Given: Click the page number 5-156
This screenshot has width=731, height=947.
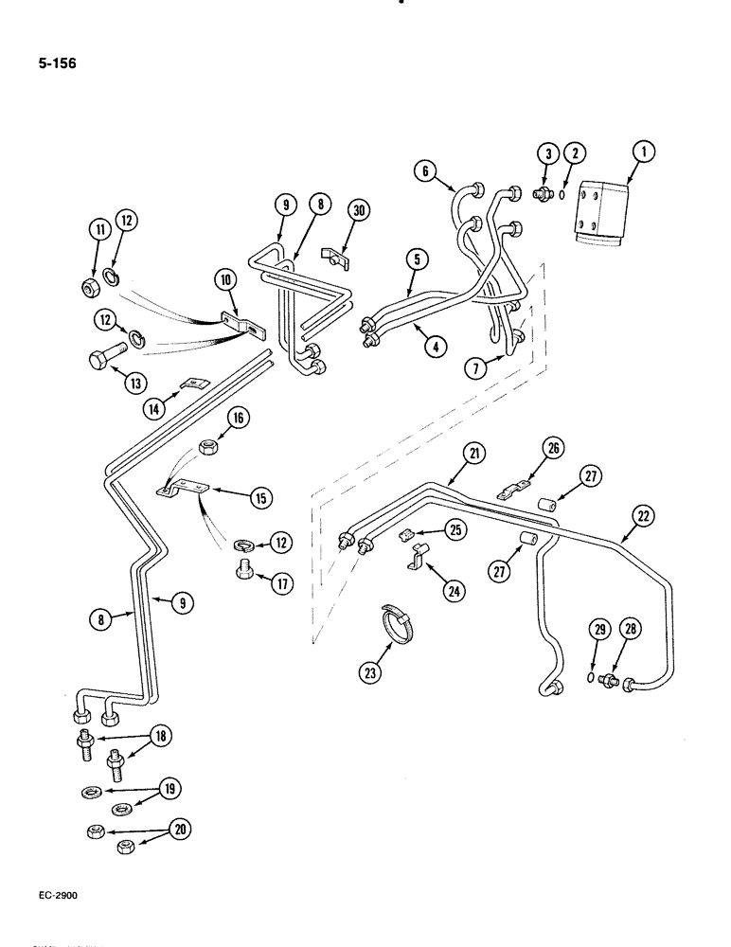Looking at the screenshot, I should [x=59, y=64].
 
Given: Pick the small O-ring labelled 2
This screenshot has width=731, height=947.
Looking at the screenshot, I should [x=563, y=196].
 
